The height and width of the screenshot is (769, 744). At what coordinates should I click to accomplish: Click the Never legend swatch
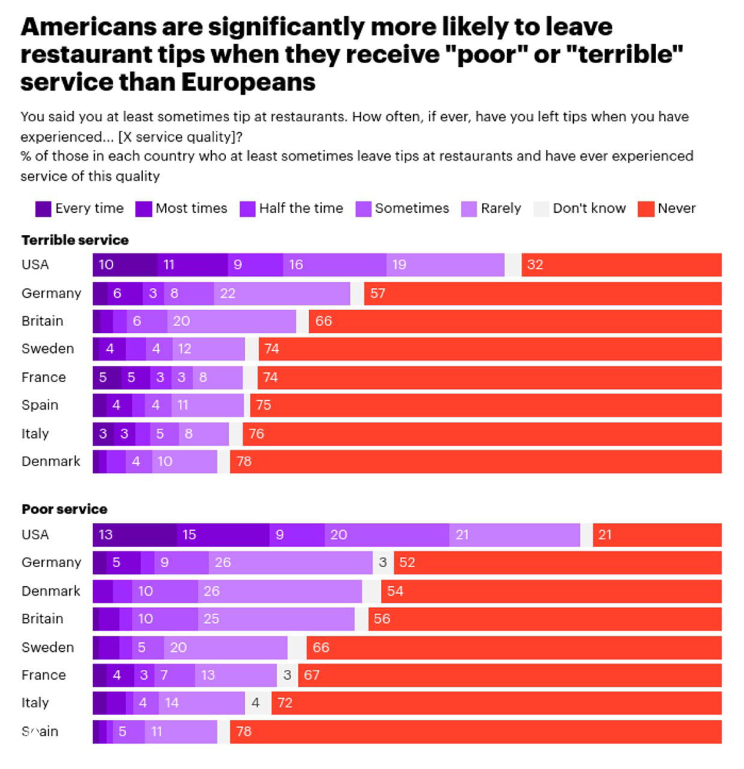[646, 209]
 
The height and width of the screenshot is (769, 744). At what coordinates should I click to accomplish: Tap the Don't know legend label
[589, 208]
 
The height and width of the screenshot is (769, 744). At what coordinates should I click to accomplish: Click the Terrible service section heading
[75, 240]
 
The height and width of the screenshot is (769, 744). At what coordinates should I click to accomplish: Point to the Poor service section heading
[64, 509]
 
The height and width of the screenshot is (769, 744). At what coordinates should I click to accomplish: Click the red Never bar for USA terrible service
[621, 265]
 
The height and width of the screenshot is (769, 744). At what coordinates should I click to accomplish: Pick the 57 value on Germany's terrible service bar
[378, 294]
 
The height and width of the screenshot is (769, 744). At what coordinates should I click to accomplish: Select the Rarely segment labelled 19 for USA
[445, 265]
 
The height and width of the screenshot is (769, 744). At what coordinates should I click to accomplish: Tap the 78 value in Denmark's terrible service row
[244, 461]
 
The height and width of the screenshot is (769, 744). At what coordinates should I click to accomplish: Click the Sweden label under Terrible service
[48, 349]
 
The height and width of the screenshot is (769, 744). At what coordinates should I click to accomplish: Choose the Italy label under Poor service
[35, 703]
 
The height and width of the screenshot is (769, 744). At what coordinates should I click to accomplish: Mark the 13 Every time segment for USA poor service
[135, 535]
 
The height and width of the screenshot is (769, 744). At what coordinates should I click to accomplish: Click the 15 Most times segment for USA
[223, 535]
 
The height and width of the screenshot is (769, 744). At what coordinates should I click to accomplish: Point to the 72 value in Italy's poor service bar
[285, 703]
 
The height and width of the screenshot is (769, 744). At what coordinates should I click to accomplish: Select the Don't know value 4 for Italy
[256, 703]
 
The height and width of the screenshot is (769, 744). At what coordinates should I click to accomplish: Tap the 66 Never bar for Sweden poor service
[514, 648]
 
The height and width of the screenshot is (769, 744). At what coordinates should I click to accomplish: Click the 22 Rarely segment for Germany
[281, 294]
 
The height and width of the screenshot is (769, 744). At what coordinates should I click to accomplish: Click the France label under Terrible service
[43, 377]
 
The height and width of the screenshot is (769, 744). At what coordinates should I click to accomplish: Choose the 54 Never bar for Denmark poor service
[551, 591]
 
